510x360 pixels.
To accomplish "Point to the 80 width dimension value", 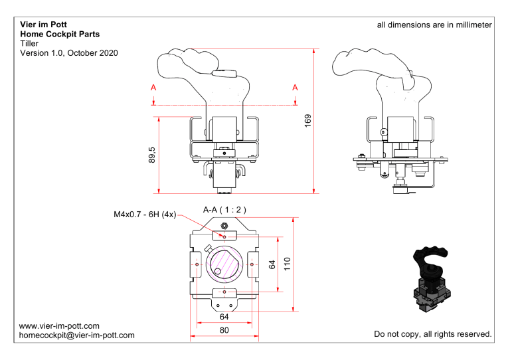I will click(224, 329).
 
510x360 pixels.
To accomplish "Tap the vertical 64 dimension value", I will click(272, 264).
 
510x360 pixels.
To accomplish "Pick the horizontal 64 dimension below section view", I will click(224, 316).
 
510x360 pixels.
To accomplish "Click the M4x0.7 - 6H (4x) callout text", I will click(143, 214).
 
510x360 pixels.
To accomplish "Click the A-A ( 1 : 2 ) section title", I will click(224, 209).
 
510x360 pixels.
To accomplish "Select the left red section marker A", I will click(153, 88).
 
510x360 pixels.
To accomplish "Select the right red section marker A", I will click(295, 88).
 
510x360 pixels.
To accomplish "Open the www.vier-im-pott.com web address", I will click(60, 325).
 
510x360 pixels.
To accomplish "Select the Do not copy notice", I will click(432, 333).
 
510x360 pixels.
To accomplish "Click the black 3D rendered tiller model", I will click(430, 279).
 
